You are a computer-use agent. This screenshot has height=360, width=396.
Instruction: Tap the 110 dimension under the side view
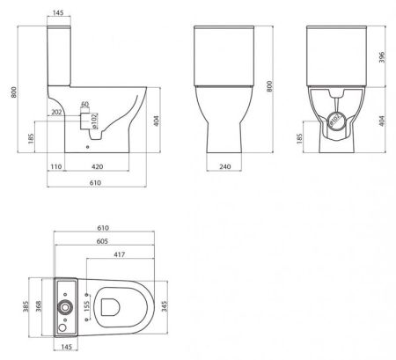click(54, 165)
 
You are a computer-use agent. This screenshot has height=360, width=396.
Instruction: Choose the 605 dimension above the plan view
click(103, 239)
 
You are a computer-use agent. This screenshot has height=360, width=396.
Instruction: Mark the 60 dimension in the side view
click(84, 105)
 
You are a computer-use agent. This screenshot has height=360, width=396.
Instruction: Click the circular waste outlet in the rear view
click(335, 121)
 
